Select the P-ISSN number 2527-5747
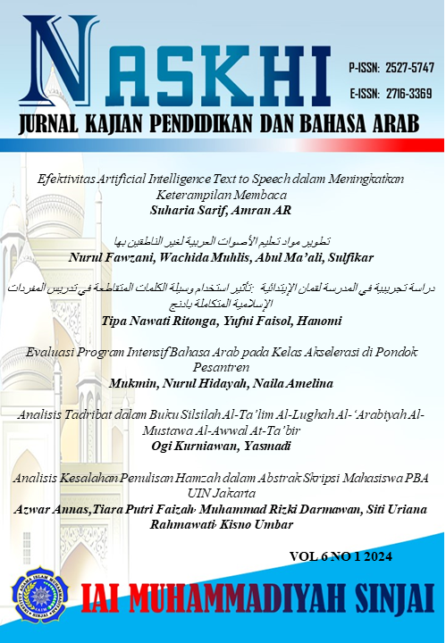[x=408, y=68]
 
